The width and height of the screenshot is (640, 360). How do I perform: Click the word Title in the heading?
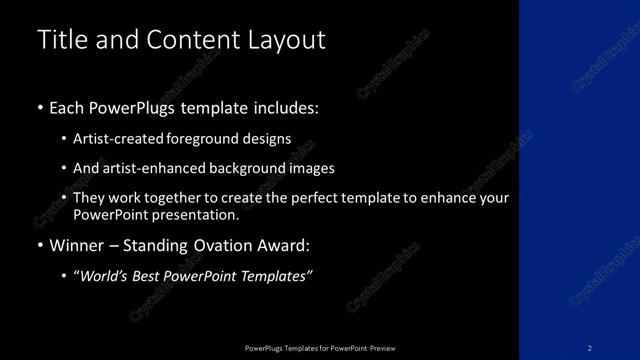61,41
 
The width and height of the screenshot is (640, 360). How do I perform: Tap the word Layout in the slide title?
289,41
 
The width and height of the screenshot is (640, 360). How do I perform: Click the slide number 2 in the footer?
590,348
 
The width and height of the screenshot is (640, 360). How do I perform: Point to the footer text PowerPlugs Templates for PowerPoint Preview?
320,348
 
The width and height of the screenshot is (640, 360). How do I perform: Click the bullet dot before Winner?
39,246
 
